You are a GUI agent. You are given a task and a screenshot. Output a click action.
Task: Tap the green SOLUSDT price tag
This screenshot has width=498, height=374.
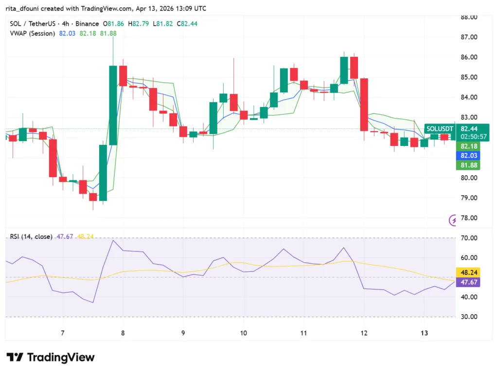point(440,129)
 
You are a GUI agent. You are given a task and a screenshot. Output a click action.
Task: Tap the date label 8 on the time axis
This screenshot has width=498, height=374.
point(123,333)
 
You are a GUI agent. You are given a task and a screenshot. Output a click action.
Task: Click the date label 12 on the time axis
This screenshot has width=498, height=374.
point(364,333)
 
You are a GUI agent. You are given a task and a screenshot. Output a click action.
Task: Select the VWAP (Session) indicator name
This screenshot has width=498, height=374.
point(33,33)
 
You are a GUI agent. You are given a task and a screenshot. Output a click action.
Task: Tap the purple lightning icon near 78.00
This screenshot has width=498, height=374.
point(453,220)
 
